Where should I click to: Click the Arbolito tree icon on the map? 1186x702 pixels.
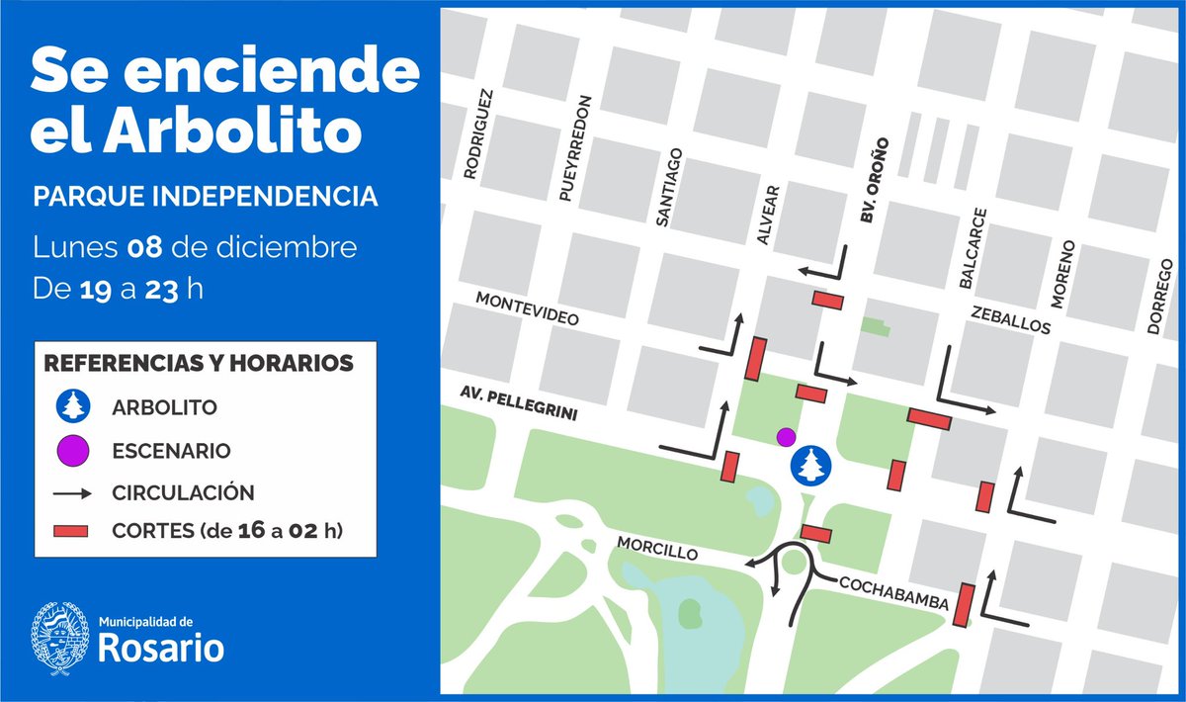pyautogui.click(x=811, y=465)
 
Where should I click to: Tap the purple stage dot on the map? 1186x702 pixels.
pyautogui.click(x=786, y=436)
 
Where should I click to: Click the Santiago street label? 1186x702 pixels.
pyautogui.click(x=668, y=187)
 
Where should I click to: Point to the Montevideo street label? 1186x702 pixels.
pyautogui.click(x=526, y=309)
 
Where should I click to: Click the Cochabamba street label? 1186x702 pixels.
pyautogui.click(x=893, y=593)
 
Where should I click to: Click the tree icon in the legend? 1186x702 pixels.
pyautogui.click(x=73, y=405)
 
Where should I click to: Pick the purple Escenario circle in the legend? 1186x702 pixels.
pyautogui.click(x=73, y=451)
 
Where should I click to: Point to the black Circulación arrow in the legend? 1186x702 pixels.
pyautogui.click(x=73, y=491)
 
